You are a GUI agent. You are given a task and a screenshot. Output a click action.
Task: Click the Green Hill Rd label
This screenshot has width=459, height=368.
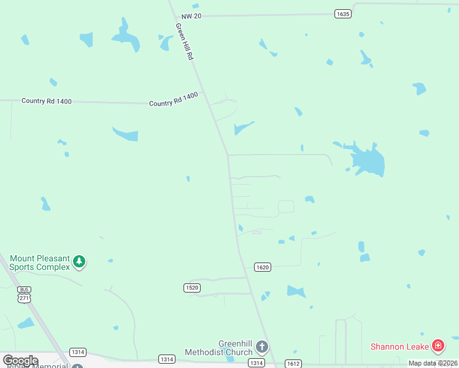pos(184,42)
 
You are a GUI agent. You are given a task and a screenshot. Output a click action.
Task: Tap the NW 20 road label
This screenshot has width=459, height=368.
pos(191,16)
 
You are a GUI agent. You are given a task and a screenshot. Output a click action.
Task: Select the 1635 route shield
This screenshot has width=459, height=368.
pos(343,13)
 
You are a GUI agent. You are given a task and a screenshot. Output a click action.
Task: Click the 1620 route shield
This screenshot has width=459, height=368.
pos(263,267)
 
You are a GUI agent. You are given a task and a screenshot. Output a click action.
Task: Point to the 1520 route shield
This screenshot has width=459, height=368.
pos(192,287)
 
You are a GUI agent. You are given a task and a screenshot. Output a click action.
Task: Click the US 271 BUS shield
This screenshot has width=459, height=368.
pos(25,294)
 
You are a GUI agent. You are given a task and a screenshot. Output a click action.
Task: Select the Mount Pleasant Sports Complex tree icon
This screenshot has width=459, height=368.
pos(79,262)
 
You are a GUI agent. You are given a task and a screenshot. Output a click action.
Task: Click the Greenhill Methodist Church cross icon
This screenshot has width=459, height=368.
pos(261,348)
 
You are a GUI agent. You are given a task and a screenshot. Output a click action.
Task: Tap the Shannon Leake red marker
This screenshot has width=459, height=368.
pos(438,347)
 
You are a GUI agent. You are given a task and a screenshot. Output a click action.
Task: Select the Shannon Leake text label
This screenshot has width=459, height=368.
pos(399,347)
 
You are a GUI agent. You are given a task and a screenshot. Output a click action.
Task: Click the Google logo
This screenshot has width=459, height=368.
pos(20,361)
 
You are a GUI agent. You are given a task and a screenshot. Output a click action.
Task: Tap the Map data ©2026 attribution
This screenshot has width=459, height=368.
pos(433,363)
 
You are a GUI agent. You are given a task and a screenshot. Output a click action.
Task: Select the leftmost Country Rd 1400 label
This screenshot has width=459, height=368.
pos(47,101)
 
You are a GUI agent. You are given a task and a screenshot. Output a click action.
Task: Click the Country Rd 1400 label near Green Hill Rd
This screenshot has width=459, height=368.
pos(173,99)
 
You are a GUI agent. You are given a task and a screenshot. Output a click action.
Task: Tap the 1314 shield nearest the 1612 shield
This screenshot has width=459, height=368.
pos(256,363)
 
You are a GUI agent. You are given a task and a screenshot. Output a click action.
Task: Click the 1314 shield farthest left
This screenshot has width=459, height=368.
pos(78,352)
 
